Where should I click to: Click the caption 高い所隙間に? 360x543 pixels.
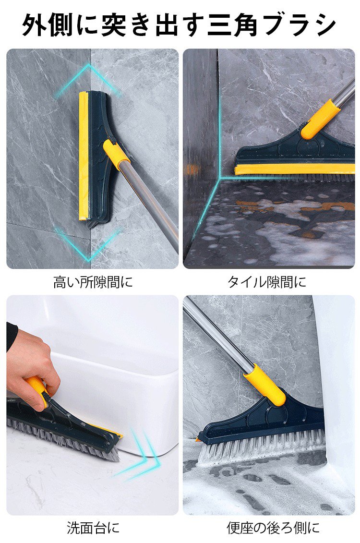(x=93, y=282)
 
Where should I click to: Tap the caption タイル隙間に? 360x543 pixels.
(x=266, y=282)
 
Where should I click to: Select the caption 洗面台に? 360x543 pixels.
(x=93, y=528)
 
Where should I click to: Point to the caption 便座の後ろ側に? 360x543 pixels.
(x=273, y=528)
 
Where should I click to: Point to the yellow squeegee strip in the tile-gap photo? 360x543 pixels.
(x=294, y=169)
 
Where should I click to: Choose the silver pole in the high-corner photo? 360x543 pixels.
(x=152, y=201)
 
